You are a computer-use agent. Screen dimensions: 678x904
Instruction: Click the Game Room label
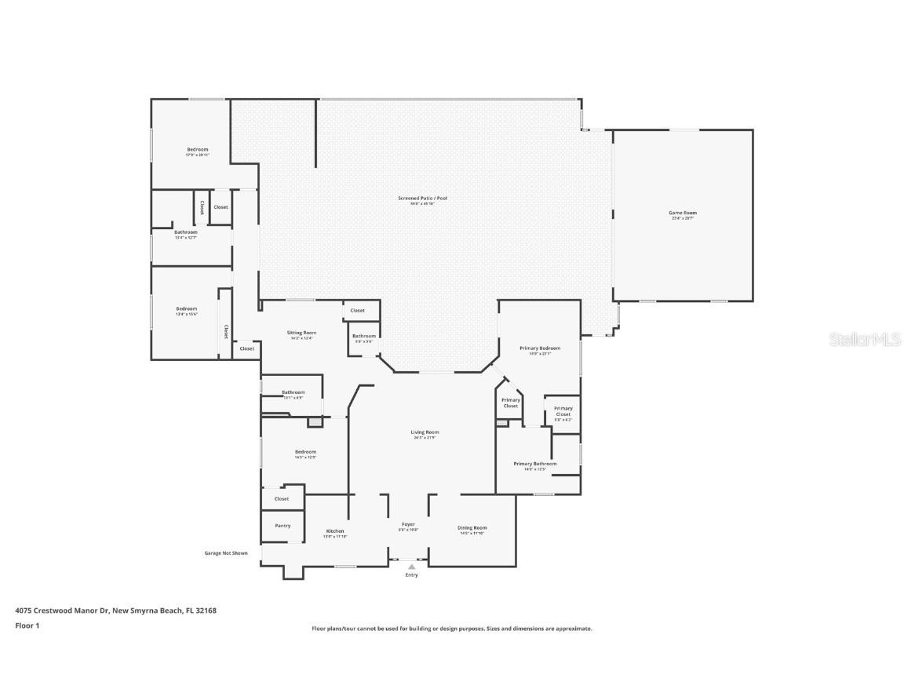click(682, 213)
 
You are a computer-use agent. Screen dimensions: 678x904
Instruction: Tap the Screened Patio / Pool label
click(422, 199)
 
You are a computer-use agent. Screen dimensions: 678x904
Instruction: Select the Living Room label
click(425, 432)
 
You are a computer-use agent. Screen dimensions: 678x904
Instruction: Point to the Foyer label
click(408, 524)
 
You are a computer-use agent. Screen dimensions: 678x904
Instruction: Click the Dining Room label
click(472, 528)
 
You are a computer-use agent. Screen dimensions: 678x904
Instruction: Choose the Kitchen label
click(335, 531)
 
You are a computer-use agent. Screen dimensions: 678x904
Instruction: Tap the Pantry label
click(282, 526)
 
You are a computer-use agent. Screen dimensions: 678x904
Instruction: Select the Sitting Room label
click(301, 333)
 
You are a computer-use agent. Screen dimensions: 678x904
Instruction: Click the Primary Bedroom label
click(540, 348)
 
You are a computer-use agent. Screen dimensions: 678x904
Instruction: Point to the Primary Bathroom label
click(535, 464)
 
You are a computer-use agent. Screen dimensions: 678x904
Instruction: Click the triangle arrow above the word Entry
click(411, 566)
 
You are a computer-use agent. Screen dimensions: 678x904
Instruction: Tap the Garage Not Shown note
click(226, 553)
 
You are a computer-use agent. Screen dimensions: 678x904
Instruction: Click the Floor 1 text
click(27, 625)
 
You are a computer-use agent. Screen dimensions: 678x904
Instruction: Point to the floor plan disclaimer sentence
click(452, 629)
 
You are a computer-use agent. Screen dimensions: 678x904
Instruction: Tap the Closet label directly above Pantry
click(282, 498)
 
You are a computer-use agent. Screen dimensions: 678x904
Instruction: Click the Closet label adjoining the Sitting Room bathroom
click(357, 311)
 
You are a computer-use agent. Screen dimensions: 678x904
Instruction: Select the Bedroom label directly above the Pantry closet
click(305, 452)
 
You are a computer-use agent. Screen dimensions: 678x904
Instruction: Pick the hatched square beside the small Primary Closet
click(501, 423)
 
